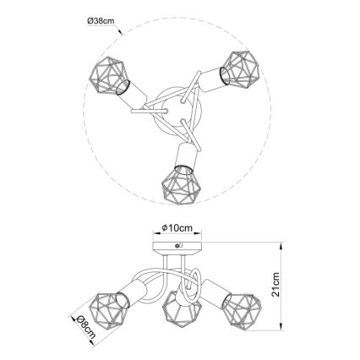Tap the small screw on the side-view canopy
177,244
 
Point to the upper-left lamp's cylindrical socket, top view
133,94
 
